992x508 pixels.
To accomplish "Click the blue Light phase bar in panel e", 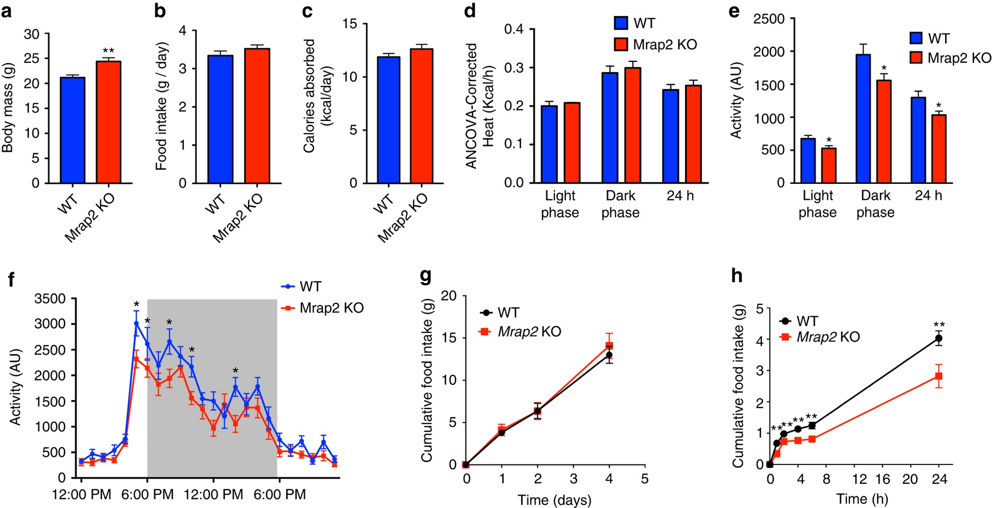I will tap(808, 161).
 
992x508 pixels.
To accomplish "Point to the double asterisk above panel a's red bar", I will tap(109, 51).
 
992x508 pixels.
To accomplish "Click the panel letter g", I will tap(426, 276).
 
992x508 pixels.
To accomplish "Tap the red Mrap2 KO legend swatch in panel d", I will tap(621, 44).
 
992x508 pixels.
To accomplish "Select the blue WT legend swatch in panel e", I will tap(916, 38).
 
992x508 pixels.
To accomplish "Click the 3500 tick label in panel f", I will tap(50, 299).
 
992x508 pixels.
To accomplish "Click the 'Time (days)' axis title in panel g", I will tap(554, 499).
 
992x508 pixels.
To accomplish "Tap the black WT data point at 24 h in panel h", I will tap(939, 338).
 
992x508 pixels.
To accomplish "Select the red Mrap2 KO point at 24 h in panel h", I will tap(939, 376).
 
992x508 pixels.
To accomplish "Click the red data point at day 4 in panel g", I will tap(609, 345).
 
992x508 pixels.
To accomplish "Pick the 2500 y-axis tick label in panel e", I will tap(769, 19).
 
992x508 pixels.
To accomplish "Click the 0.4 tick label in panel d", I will tap(514, 29).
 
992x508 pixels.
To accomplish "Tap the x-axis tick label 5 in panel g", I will tap(645, 479).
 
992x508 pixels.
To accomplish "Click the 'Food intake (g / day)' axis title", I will tap(162, 106).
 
